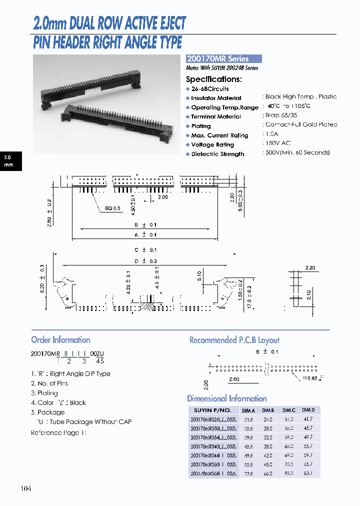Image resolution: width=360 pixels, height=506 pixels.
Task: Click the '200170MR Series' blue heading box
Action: point(224,58)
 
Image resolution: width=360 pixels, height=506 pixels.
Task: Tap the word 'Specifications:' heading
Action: point(214,79)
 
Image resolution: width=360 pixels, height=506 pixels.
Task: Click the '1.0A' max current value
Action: point(272,134)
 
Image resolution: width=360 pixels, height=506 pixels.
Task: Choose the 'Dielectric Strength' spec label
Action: point(217,154)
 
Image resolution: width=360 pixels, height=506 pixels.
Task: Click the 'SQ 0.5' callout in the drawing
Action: point(112,208)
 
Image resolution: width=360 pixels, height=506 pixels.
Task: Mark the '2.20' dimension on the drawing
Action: point(310,268)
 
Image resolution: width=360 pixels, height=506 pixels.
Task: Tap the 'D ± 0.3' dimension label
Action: point(145,261)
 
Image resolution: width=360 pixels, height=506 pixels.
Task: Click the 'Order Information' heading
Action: point(60,340)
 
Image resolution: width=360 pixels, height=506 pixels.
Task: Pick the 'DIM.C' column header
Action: point(288,410)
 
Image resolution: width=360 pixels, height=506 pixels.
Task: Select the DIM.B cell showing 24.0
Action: point(268,419)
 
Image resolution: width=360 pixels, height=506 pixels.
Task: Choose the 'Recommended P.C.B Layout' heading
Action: point(234,340)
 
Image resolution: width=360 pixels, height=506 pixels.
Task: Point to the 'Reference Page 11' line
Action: point(59,432)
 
